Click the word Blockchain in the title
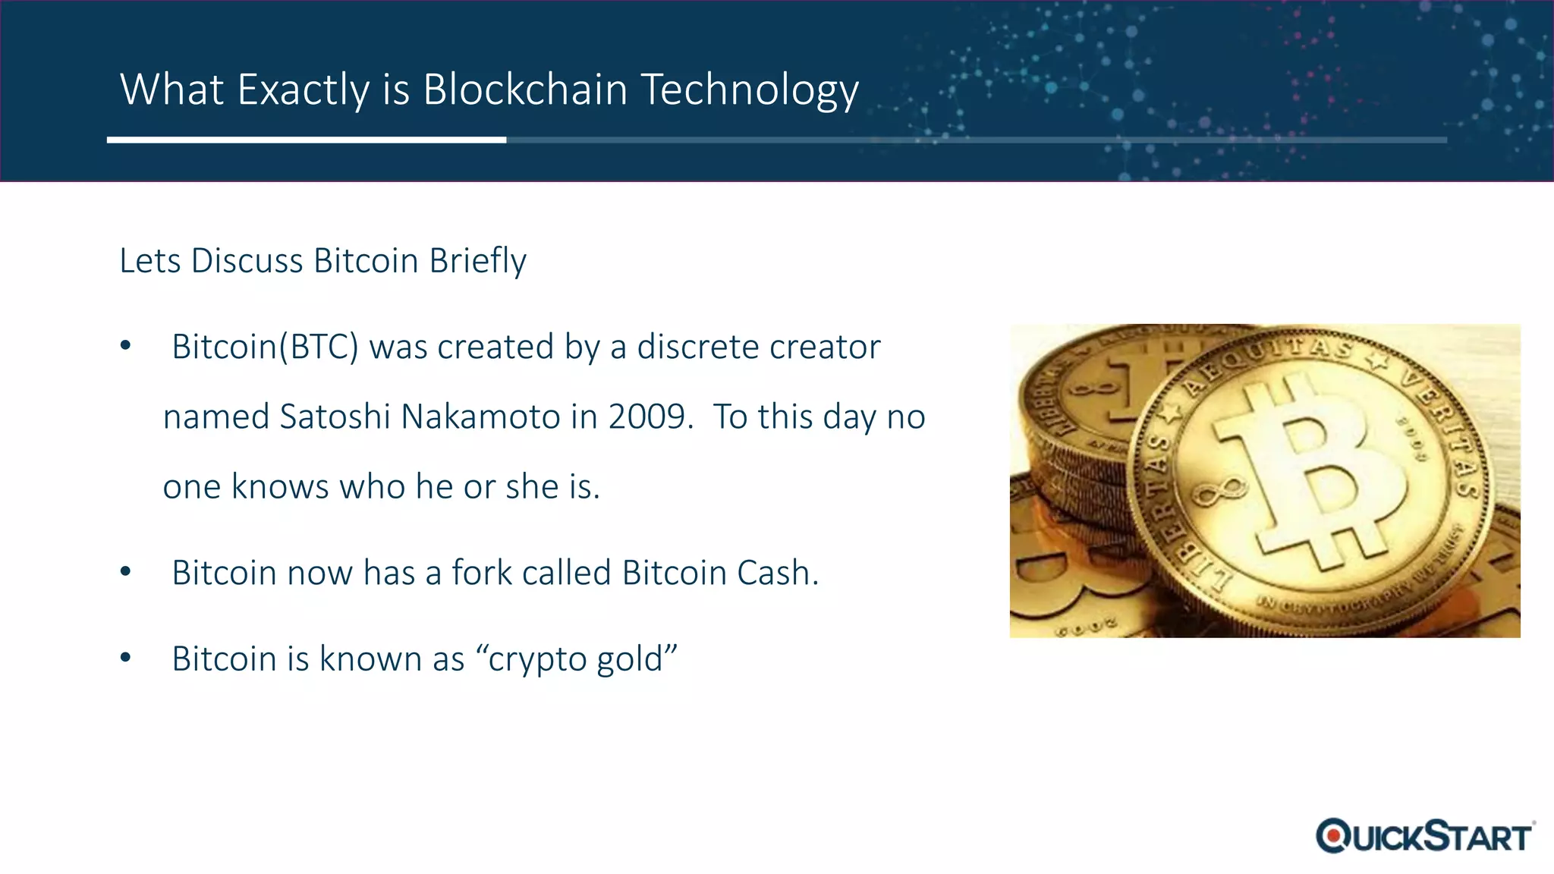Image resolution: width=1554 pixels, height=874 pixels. pyautogui.click(x=525, y=90)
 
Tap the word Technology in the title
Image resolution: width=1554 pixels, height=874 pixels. pyautogui.click(x=750, y=90)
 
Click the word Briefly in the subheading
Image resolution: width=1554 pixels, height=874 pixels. pyautogui.click(x=477, y=261)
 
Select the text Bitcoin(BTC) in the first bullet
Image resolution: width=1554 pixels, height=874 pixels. pyautogui.click(x=265, y=347)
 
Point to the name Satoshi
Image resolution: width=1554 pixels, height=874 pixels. pyautogui.click(x=335, y=417)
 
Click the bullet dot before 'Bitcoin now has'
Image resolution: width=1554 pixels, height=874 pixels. pyautogui.click(x=126, y=572)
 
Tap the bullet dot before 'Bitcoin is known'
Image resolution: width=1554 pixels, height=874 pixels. pyautogui.click(x=126, y=658)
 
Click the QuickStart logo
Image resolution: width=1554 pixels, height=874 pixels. pyautogui.click(x=1424, y=836)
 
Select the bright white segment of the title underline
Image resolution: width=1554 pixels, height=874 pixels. pyautogui.click(x=306, y=140)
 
